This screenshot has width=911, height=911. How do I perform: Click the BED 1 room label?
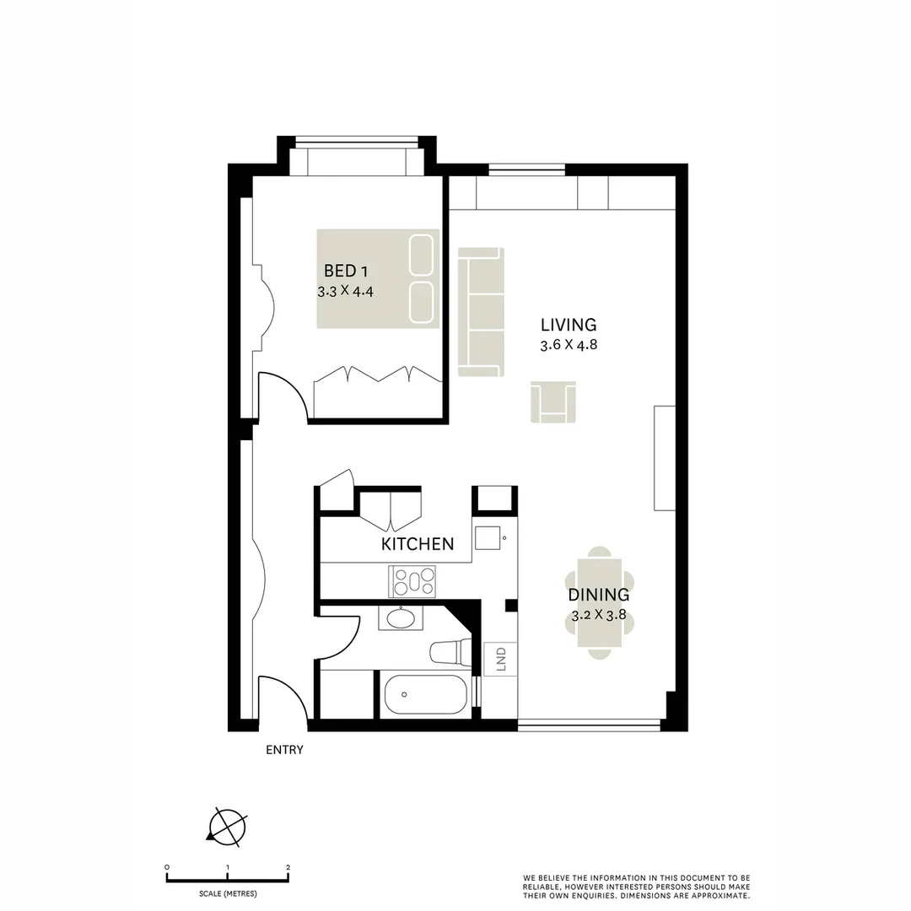346,272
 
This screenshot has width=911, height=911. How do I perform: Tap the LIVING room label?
569,325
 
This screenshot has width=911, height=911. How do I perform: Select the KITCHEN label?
418,544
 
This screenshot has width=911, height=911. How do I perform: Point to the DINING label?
598,596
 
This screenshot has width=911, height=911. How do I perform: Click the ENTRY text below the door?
284,750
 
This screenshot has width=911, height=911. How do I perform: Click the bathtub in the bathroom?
425,695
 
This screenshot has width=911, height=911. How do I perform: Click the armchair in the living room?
553,402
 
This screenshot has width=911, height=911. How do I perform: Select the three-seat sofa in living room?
481,311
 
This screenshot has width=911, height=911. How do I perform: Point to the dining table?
600,602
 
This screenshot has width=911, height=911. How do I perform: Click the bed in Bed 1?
379,278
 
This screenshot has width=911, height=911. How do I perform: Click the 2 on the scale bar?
288,867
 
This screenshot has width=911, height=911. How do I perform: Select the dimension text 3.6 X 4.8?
569,345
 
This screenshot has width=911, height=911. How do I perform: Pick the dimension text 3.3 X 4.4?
345,292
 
